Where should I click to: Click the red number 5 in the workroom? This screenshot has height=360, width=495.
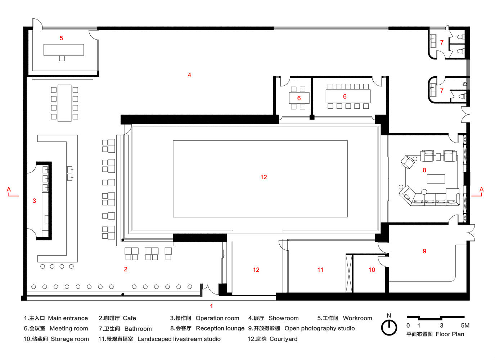[x=61, y=38]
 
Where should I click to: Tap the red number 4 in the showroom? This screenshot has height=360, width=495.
[x=189, y=75]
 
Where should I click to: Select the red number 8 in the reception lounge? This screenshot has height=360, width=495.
[x=424, y=170]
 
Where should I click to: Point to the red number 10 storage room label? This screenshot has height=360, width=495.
[x=372, y=270]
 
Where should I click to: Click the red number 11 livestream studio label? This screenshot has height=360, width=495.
[x=320, y=270]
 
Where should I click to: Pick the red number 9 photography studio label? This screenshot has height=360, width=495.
[x=424, y=251]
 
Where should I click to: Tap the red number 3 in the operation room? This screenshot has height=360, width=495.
[x=34, y=201]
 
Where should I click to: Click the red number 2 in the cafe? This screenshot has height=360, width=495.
[x=126, y=269]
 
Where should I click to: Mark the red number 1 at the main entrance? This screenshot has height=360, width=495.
[x=211, y=306]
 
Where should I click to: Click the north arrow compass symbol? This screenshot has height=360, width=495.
[x=389, y=327]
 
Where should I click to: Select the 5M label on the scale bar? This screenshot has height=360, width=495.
[x=465, y=325]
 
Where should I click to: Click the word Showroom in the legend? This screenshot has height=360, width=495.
[x=284, y=318]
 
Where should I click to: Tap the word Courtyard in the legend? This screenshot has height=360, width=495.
[x=284, y=339]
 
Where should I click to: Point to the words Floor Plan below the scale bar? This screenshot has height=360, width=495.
[x=450, y=334]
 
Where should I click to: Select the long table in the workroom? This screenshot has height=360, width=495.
[x=64, y=50]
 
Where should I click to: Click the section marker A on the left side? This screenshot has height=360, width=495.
[x=9, y=189]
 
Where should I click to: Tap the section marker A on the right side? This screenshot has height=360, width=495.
[x=482, y=189]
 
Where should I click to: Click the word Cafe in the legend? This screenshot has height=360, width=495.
[x=129, y=318]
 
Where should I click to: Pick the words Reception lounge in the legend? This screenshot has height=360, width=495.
[x=220, y=329]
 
